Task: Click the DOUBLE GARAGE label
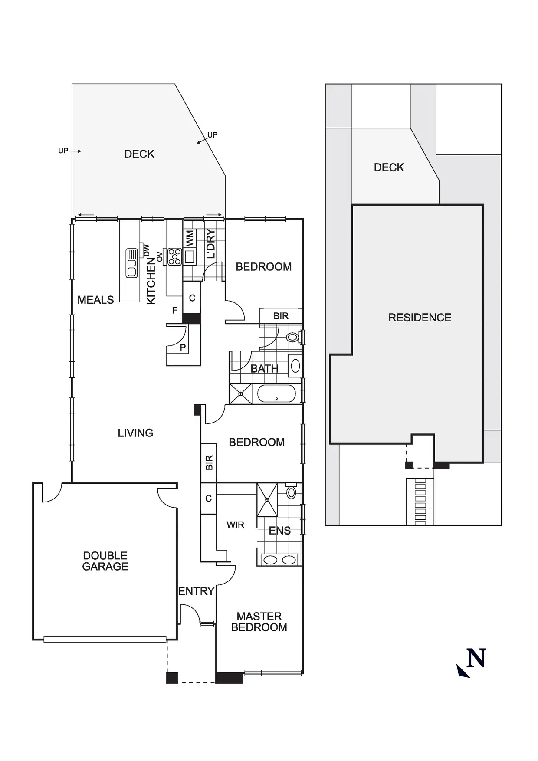(105, 561)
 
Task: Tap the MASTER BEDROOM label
(259, 622)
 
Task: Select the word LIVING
(135, 433)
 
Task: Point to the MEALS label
(95, 300)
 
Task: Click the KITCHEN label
(151, 281)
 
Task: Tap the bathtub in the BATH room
(276, 394)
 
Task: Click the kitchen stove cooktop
(174, 256)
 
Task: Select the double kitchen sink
(131, 263)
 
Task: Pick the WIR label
(235, 525)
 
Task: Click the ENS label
(279, 531)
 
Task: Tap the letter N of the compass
(476, 658)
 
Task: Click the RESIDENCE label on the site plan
(420, 318)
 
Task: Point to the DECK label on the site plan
(389, 167)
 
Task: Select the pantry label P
(183, 347)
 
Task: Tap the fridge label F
(174, 310)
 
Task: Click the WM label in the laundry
(190, 238)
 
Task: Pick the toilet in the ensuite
(291, 492)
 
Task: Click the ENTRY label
(196, 591)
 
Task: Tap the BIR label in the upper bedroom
(281, 316)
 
